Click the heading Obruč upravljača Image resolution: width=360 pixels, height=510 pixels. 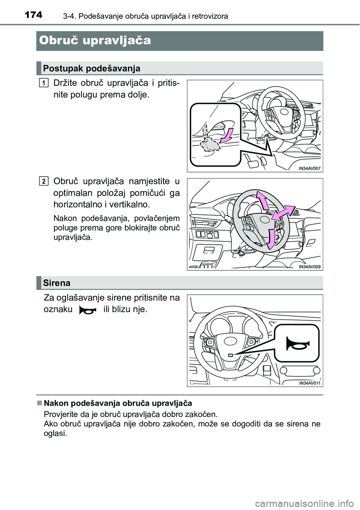pos(94,40)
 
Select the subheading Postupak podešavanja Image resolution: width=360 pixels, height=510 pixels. pos(91,68)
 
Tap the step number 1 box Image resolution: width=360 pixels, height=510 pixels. pos(44,82)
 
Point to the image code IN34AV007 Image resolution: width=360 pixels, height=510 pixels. pos(309,168)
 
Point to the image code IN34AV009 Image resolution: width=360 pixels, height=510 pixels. pos(309,267)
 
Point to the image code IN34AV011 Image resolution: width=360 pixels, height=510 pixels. pos(309,383)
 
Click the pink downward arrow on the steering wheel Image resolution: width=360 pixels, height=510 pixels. pos(271,238)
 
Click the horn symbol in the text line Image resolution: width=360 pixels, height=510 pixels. pos(88,311)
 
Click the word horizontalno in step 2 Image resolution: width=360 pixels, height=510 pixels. pos(76,205)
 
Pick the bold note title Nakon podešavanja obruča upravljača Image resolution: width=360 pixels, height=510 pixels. pos(118,403)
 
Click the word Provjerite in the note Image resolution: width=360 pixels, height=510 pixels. pos(59,414)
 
